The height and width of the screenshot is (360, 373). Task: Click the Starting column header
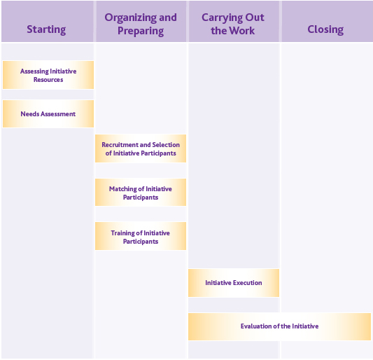point(46,29)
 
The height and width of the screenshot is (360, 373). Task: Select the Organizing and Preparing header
point(141,24)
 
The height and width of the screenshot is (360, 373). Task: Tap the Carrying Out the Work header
point(233,24)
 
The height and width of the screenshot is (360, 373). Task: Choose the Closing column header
point(325,29)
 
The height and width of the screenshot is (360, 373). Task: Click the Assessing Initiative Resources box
point(48,76)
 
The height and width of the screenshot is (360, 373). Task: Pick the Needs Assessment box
point(48,113)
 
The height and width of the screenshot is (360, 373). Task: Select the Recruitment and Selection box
point(141,148)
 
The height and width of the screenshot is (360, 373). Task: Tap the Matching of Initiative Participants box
point(141,193)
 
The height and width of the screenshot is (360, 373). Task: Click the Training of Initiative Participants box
point(141,237)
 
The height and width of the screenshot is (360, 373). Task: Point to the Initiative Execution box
point(234,283)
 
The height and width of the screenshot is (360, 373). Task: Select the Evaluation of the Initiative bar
point(279,326)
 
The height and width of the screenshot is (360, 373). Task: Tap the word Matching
point(123,189)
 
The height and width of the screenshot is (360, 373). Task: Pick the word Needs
point(29,113)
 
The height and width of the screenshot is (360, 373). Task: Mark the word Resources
point(48,80)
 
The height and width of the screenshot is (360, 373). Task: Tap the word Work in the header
point(242,31)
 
